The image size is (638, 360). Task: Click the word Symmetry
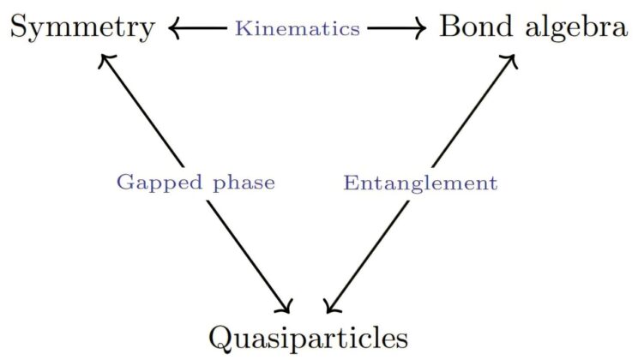click(82, 28)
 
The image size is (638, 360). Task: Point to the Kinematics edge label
click(298, 28)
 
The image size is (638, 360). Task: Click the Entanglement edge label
click(420, 183)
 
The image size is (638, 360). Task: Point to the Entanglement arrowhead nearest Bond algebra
click(509, 59)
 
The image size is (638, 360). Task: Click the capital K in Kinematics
click(243, 28)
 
